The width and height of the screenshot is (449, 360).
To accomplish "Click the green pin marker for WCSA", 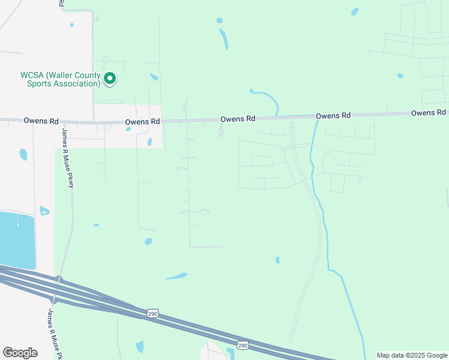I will click(110, 78).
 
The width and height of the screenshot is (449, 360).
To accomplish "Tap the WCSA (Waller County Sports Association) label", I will click(60, 79).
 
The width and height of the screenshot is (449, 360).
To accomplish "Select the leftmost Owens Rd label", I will click(40, 121).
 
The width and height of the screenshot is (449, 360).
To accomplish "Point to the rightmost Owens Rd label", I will click(428, 113).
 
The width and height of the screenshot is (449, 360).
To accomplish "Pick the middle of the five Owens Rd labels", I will click(238, 119).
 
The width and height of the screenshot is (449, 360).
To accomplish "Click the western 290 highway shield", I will click(152, 313).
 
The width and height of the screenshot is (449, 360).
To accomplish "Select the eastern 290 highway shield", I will click(243, 345).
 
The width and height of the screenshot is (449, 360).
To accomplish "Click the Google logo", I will click(20, 352).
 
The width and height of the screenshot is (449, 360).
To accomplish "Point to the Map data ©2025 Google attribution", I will click(412, 355).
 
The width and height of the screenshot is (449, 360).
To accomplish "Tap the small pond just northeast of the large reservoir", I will click(44, 211).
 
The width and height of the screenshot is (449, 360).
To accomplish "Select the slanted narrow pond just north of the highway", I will click(176, 276).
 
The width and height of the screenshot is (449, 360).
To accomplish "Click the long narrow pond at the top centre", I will click(224, 39).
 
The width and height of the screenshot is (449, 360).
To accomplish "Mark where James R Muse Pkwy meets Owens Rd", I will click(62, 122).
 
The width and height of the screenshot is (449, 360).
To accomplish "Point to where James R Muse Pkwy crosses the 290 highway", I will click(58, 287).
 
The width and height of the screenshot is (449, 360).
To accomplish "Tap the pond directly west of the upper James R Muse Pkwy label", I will click(23, 154).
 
